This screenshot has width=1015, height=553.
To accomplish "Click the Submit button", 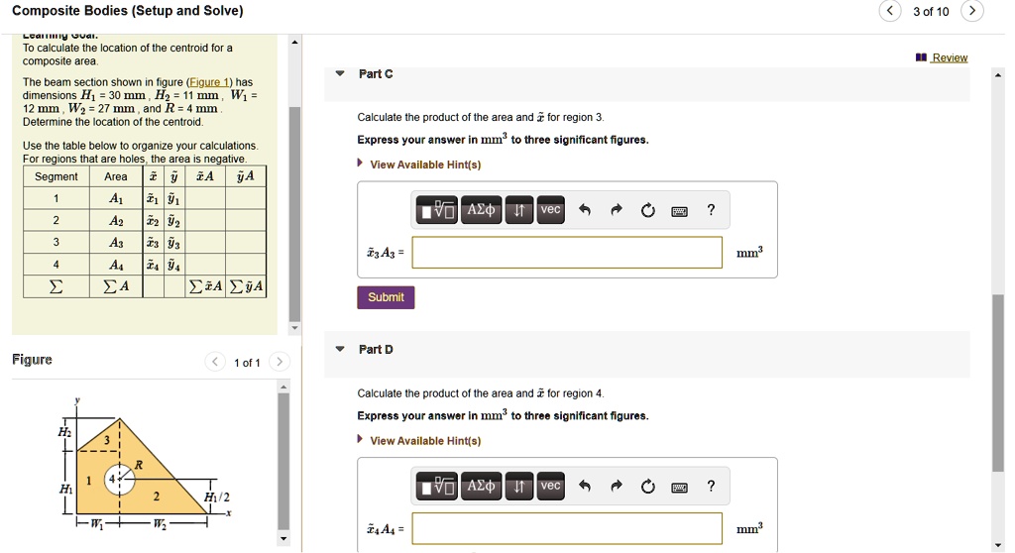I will pyautogui.click(x=386, y=297).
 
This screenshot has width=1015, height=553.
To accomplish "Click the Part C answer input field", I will pyautogui.click(x=567, y=253).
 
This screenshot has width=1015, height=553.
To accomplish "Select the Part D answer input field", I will pyautogui.click(x=567, y=528).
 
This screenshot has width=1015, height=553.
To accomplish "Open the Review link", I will pyautogui.click(x=949, y=57).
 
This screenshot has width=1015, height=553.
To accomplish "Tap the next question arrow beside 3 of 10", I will pyautogui.click(x=974, y=12).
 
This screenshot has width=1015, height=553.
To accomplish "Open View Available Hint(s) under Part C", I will pyautogui.click(x=425, y=165).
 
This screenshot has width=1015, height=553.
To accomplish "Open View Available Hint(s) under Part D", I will pyautogui.click(x=425, y=441).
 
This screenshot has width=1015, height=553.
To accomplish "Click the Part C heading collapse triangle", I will pyautogui.click(x=340, y=74).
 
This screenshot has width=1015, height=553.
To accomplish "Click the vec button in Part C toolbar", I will pyautogui.click(x=550, y=209).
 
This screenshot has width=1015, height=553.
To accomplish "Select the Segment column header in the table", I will pyautogui.click(x=56, y=176).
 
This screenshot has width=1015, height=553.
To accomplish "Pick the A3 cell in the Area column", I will pyautogui.click(x=116, y=243).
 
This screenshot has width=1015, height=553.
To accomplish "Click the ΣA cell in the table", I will pyautogui.click(x=116, y=287).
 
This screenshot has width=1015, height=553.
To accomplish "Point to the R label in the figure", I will pyautogui.click(x=139, y=464).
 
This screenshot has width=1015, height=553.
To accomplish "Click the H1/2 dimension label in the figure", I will pyautogui.click(x=216, y=497).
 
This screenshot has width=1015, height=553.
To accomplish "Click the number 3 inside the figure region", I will pyautogui.click(x=108, y=441).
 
